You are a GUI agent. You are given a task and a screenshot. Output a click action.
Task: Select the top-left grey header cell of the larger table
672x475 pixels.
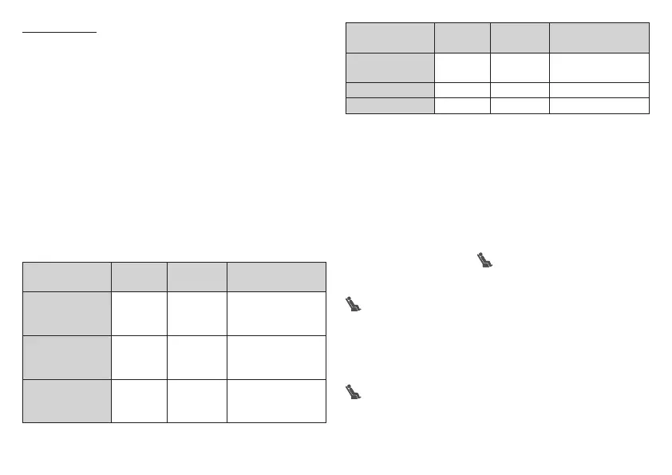[66, 276]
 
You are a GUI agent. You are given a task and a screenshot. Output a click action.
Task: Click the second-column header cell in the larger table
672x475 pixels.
[139, 276]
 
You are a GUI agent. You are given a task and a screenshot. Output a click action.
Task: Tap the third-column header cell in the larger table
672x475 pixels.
[197, 276]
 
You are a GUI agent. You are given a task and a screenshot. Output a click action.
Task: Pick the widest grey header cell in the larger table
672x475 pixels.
[277, 276]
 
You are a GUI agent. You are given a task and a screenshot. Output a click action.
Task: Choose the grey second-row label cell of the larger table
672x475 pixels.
[66, 314]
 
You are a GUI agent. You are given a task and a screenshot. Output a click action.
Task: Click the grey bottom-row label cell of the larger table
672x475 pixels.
[66, 401]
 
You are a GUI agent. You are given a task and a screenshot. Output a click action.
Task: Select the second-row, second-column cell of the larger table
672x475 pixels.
[139, 314]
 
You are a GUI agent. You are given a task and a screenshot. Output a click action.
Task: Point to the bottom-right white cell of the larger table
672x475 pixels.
[277, 401]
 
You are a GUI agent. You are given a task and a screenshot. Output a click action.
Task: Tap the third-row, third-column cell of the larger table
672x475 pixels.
[197, 358]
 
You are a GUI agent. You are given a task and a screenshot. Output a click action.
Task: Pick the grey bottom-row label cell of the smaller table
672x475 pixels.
[389, 105]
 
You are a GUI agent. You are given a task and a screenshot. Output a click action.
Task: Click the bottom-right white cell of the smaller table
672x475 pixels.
[599, 105]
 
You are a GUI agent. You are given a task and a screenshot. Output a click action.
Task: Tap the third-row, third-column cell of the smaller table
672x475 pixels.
[520, 89]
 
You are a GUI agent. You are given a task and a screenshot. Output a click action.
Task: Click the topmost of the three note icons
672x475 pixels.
[484, 259]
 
